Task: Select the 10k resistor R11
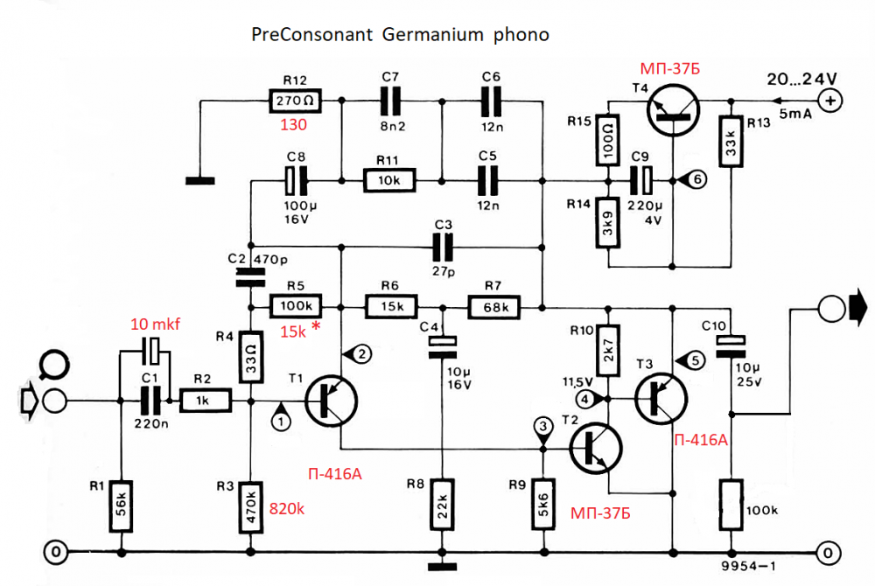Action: pos(388,181)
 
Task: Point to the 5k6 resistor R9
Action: pos(543,505)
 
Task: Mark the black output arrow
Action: pos(857,308)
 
